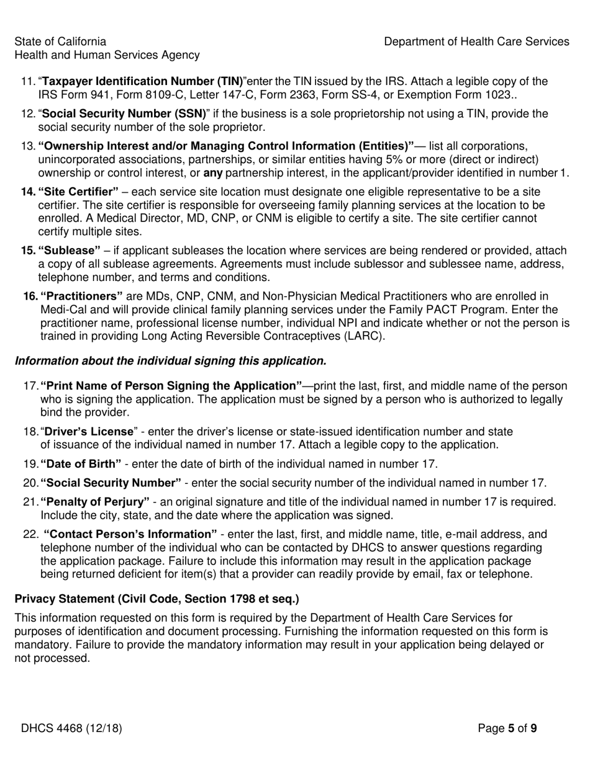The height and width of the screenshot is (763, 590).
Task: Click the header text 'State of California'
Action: [60, 42]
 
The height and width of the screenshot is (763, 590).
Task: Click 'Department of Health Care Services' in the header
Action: [476, 42]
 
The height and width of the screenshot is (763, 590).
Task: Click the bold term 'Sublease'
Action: [70, 251]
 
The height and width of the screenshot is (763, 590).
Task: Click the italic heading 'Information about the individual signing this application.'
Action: [170, 361]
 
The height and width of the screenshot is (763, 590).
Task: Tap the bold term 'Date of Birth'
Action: [81, 464]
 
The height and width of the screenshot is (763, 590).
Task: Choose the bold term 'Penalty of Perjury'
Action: [95, 502]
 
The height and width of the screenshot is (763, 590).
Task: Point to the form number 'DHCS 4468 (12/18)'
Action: [71, 728]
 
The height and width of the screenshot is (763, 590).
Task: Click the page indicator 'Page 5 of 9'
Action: [507, 728]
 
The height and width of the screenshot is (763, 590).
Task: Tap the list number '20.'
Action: [31, 483]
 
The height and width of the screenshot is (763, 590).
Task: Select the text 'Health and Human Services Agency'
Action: [107, 55]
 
